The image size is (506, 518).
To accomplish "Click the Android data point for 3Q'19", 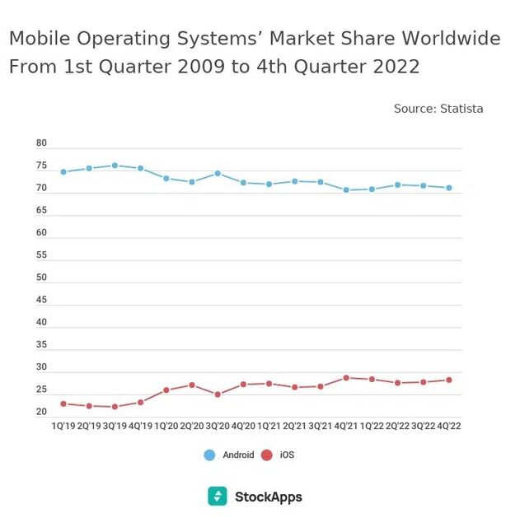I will click(x=115, y=166).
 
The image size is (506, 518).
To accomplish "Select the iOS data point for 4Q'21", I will click(x=346, y=378).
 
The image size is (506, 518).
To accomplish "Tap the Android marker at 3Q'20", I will click(x=218, y=174).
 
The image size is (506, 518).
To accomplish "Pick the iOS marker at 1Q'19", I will click(x=63, y=404).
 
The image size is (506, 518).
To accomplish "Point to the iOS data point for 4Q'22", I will click(x=449, y=380).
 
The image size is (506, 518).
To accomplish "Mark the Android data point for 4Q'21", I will click(x=346, y=190).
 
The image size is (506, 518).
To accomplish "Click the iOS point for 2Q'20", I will click(x=192, y=385).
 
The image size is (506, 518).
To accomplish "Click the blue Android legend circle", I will click(x=209, y=455).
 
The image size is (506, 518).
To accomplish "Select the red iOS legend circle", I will click(x=266, y=455).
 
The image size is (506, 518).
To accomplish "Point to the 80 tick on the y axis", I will click(x=41, y=143).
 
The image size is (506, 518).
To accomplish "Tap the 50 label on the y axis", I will click(x=41, y=278).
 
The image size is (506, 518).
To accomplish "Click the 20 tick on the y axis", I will click(x=41, y=412).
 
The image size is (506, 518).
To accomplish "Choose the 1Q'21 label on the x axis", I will click(x=269, y=426).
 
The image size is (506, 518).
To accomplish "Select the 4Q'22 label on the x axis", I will click(x=449, y=426).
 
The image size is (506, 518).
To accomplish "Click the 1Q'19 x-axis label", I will click(x=64, y=426).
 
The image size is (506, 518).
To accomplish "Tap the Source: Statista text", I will click(x=438, y=109).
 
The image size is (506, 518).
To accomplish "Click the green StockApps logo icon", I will click(x=217, y=496).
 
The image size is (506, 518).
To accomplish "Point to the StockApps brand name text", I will click(x=268, y=497).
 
